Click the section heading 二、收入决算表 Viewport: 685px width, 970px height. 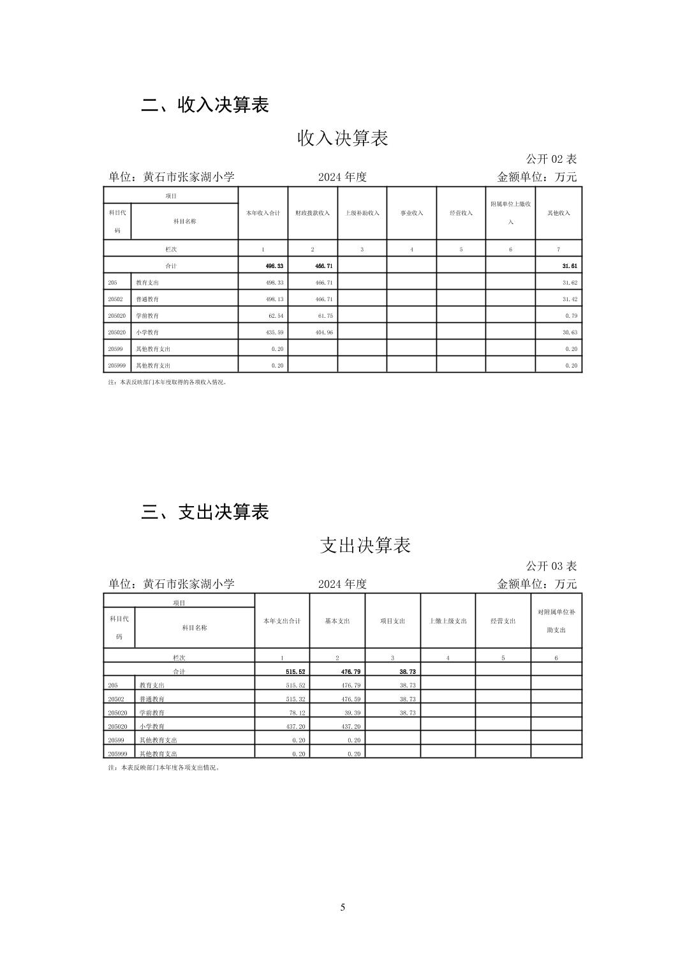coord(205,105)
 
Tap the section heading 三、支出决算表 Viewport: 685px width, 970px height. coord(205,512)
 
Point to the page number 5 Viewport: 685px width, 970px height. coord(342,907)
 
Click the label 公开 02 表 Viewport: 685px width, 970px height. coord(551,159)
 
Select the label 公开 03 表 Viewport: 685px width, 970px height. coord(551,566)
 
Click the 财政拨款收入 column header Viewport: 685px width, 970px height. coord(313,213)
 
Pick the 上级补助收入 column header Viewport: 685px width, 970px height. coord(362,213)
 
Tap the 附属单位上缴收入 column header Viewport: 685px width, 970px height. coord(510,213)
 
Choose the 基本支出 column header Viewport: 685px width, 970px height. coord(337,621)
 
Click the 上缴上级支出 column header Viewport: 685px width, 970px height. coord(448,621)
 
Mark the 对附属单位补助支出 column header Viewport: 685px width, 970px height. coord(556,621)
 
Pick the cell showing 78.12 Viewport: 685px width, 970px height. coord(297,713)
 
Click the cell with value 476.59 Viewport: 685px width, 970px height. coord(351,699)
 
